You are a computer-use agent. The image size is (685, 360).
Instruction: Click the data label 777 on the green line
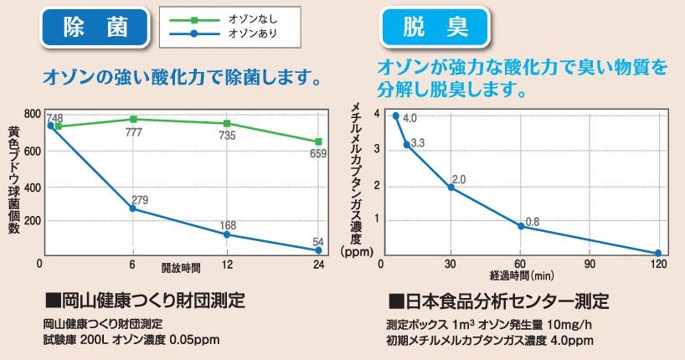click(134, 133)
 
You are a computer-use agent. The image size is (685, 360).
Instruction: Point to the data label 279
click(140, 200)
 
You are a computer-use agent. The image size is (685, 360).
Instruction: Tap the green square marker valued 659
click(318, 141)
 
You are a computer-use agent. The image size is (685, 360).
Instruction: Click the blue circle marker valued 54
click(318, 249)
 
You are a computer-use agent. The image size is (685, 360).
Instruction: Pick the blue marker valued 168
click(226, 234)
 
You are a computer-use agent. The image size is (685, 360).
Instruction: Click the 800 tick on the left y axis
click(33, 115)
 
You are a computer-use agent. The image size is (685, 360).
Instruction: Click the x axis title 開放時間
click(181, 269)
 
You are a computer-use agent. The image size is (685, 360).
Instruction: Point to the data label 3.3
click(418, 143)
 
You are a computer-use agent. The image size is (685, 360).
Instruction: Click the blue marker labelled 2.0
click(451, 187)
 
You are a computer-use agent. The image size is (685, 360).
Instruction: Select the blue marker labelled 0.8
click(521, 226)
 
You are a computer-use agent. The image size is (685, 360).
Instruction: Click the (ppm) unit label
click(357, 250)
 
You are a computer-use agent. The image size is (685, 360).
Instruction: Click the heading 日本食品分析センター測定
click(499, 299)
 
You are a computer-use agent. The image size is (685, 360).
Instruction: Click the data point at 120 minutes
click(658, 253)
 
